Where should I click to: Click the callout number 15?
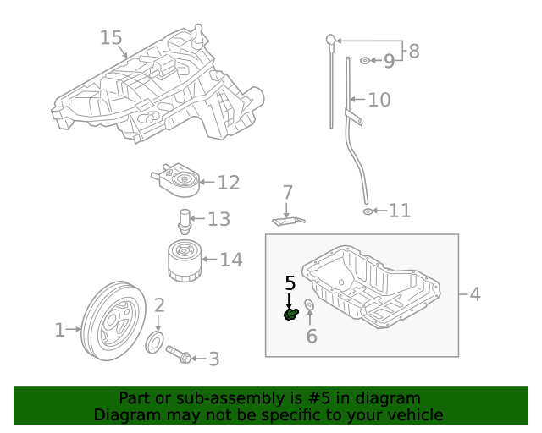111,38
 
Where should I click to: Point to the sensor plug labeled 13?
185,222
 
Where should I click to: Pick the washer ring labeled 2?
156,343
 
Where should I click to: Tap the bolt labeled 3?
179,355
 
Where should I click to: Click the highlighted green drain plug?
290,315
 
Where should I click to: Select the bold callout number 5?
290,283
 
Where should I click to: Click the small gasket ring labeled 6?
309,304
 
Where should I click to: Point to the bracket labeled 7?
288,221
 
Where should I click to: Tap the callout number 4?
474,294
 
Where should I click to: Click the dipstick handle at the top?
331,39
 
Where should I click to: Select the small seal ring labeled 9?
364,61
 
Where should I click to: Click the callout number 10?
379,100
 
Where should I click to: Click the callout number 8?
413,52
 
